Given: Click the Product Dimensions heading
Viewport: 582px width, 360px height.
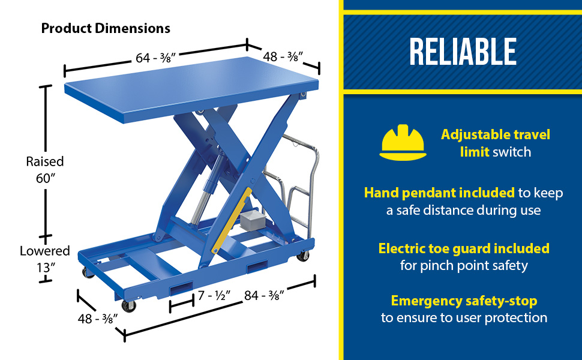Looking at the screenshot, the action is [x=106, y=28].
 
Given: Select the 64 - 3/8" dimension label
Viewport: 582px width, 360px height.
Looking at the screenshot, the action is [x=155, y=58].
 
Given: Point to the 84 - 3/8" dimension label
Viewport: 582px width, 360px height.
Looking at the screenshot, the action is [x=264, y=295].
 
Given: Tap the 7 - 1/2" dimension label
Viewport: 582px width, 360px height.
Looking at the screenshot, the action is [x=214, y=295].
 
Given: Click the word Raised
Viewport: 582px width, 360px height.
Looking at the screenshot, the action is [x=45, y=161].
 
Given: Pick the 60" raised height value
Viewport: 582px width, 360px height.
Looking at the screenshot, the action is [x=45, y=178].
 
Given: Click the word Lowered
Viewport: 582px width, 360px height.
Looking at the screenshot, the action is [x=45, y=251].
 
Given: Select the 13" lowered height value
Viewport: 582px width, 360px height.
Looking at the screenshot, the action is [x=46, y=267].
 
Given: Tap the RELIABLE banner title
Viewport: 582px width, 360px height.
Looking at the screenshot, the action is [x=463, y=52].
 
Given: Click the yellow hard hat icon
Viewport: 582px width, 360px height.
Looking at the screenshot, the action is [x=403, y=143].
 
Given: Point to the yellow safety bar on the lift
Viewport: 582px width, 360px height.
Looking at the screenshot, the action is [x=232, y=220].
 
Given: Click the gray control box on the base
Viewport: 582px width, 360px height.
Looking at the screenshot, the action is [x=251, y=220].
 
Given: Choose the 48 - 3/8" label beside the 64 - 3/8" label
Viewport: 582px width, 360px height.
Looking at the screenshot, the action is [x=283, y=56].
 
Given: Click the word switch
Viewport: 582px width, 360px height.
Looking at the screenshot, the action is [x=512, y=152].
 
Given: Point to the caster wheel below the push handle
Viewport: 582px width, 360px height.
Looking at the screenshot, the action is [x=303, y=256].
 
